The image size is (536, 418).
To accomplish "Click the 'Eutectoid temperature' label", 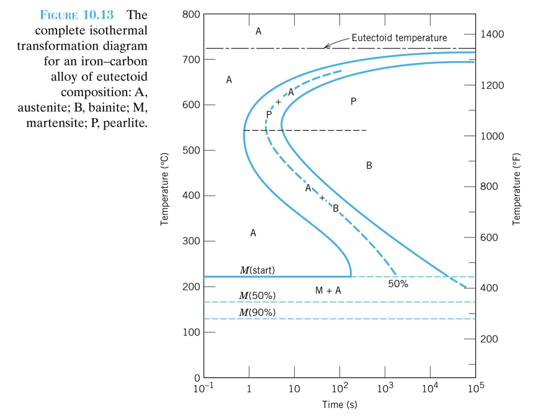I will coord(399,38).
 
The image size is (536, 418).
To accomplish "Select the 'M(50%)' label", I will coord(257,295).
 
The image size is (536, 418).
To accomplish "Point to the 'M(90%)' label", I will coord(257,312).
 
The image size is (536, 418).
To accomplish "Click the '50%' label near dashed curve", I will coord(398,284).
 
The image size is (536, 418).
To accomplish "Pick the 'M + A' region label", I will coord(328,290).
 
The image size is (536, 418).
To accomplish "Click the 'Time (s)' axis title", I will coord(339,405).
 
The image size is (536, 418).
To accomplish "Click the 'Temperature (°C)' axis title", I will coord(164,189).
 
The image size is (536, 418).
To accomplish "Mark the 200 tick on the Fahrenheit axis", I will coord(490,340).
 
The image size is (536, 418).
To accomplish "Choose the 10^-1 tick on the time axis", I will coord(201,388).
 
